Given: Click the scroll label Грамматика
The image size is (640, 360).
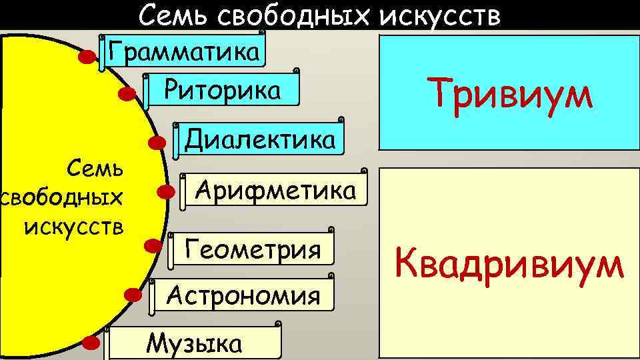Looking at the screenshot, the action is pos(183,51).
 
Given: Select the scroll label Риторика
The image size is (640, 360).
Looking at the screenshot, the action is pos(223,89).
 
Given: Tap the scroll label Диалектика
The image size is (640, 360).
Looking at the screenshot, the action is pos(259,139).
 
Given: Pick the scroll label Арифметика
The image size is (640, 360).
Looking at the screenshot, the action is pos(275,191).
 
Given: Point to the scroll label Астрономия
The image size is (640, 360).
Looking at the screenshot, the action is pos(243,294).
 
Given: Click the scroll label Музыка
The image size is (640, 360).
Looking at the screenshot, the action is pos(194,343).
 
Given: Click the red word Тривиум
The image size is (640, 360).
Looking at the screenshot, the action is pos(511,93).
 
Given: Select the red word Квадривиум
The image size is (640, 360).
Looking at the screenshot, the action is pos(510,264).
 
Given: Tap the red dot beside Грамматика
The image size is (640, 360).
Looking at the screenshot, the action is pos(86,58).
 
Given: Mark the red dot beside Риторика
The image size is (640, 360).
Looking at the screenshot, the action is pos(127,94).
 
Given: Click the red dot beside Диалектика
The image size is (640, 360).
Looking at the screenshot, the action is pos(157,143).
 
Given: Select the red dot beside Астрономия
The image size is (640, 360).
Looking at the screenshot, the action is pos(133,293).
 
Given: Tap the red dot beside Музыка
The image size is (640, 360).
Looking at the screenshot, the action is pos(91,343).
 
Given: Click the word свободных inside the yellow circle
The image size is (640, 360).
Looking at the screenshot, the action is pos(63,198).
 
